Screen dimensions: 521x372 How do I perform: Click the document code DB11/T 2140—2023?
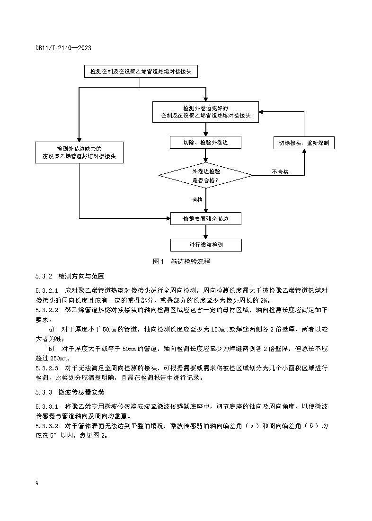point(63,48)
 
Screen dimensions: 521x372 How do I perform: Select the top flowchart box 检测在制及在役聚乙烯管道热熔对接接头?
point(141,72)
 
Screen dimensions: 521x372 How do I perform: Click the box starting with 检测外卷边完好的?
point(206,112)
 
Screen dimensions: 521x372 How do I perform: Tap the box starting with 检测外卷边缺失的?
point(79,152)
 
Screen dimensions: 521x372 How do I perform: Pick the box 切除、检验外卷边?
point(206,143)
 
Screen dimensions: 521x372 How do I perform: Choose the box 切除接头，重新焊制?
point(304,143)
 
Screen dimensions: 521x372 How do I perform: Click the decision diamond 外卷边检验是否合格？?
point(206,176)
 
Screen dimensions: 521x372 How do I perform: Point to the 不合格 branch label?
point(280,171)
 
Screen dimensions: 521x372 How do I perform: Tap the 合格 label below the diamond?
point(197,200)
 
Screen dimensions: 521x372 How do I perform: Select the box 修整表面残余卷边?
point(206,218)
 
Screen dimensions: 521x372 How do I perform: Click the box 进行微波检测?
point(206,245)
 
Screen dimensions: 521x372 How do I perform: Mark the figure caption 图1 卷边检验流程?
point(182,261)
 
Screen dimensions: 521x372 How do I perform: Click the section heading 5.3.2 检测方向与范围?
point(70,276)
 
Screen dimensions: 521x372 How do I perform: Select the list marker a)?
point(52,329)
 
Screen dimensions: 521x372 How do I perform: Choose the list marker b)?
point(52,348)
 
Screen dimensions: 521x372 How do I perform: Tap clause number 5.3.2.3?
point(46,368)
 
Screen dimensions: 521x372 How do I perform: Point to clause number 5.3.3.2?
point(46,426)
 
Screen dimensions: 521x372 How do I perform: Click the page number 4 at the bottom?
point(36,483)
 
